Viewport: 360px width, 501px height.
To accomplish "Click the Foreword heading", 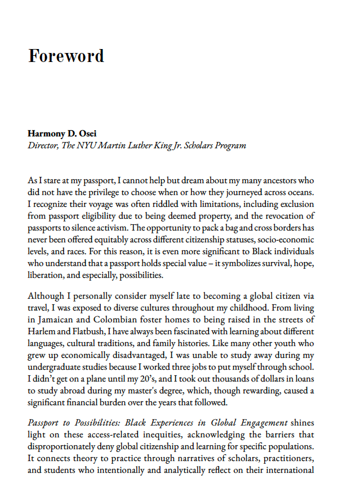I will point(66,56).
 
